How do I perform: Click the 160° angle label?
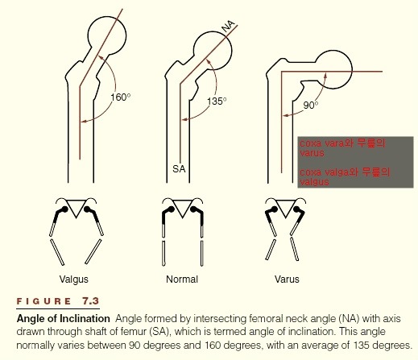point(121,97)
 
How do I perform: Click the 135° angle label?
point(217,101)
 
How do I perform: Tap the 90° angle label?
point(311,106)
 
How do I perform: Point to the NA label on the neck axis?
point(228,27)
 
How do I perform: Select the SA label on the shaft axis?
point(179,169)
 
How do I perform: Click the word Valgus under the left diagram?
point(74,279)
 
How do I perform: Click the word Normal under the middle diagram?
point(182,279)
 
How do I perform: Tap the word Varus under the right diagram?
point(287,279)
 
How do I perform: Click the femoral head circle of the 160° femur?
point(126,36)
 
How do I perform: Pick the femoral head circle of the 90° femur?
point(352,69)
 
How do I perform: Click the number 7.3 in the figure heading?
point(91,301)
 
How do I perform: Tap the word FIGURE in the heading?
point(43,301)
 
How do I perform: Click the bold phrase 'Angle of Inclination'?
point(64,319)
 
